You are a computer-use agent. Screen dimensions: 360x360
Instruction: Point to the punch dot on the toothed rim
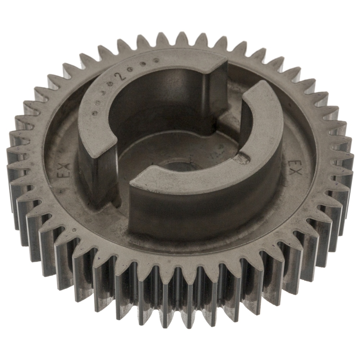tap(74, 229)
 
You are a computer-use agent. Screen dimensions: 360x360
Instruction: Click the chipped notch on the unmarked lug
tap(243, 158)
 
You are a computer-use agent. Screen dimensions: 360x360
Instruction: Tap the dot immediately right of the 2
tap(131, 71)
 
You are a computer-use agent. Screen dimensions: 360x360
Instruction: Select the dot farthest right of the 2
tap(157, 61)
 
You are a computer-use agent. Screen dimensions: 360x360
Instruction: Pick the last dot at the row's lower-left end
tap(94, 113)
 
